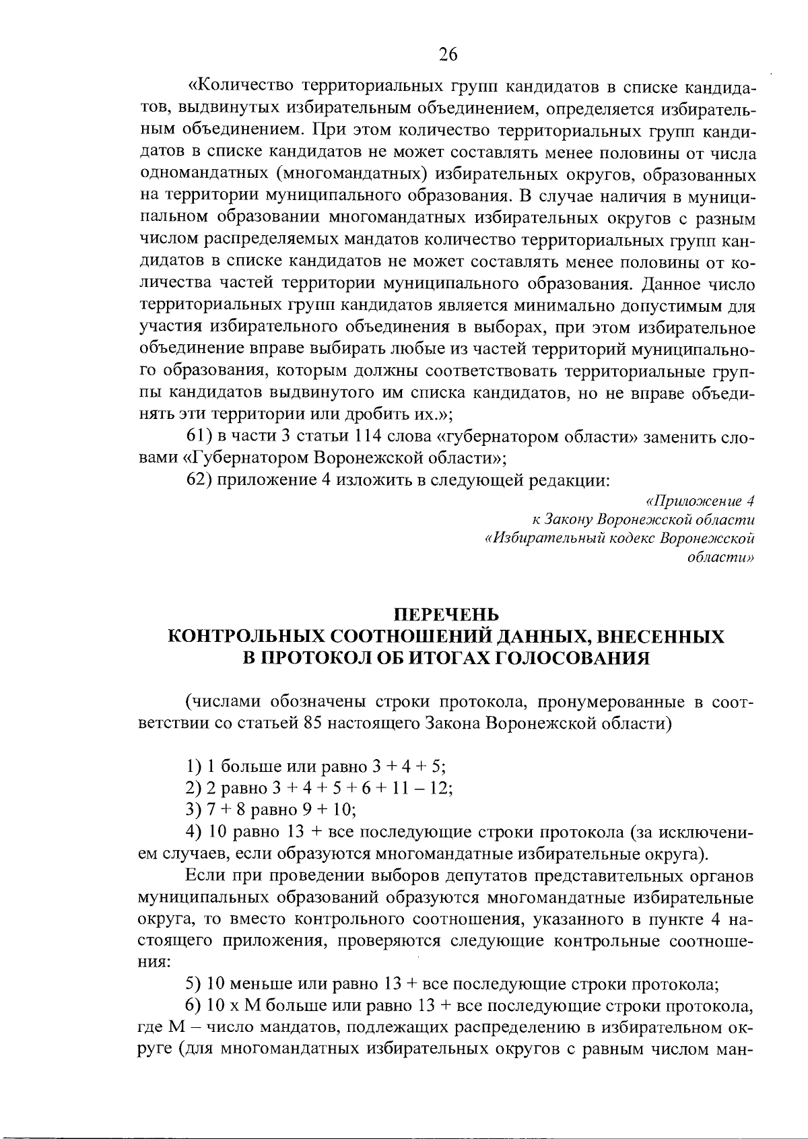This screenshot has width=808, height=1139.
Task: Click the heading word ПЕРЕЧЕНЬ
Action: point(446,615)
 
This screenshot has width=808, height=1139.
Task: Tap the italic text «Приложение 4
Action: point(700,501)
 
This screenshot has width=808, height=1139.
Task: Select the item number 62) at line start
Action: point(198,480)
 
